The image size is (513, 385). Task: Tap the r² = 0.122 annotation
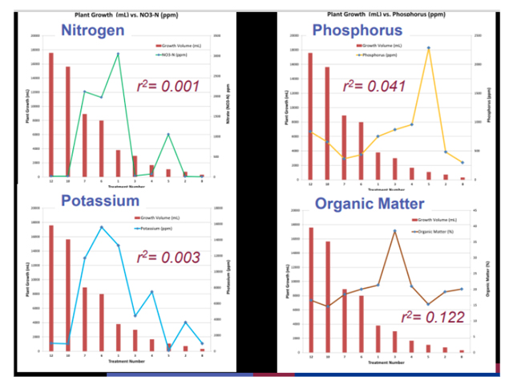(434, 316)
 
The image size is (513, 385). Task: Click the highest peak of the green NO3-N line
(118, 54)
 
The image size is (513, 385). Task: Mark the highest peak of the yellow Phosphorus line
(429, 47)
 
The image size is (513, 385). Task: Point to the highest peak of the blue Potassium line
(102, 227)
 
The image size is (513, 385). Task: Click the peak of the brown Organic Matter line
(394, 231)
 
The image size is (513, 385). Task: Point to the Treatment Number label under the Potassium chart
(125, 362)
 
